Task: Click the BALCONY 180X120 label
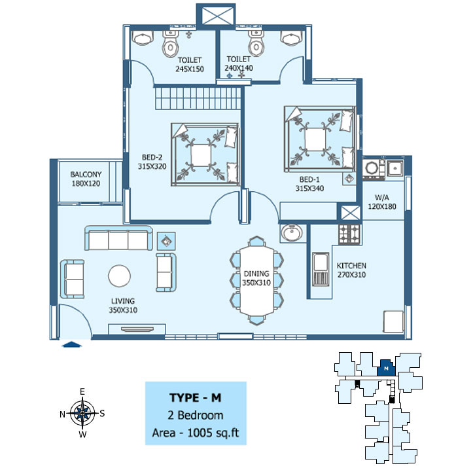[x=86, y=179]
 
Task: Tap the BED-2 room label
[x=152, y=162]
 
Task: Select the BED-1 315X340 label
[x=309, y=184]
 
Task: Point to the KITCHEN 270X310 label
[x=351, y=270]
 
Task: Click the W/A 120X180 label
[x=382, y=202]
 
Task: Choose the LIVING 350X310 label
[x=123, y=306]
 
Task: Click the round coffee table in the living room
[x=120, y=276]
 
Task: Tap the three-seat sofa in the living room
[x=118, y=238]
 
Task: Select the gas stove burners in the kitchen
[x=349, y=234]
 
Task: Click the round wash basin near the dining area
[x=291, y=233]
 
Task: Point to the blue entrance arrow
[x=71, y=344]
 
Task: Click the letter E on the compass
[x=82, y=391]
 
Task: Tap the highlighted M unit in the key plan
[x=387, y=368]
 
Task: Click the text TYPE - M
[x=196, y=398]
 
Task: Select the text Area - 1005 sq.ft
[x=196, y=433]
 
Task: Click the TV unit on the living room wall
[x=137, y=329]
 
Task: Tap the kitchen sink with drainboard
[x=320, y=269]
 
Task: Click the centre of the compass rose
[x=82, y=413]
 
